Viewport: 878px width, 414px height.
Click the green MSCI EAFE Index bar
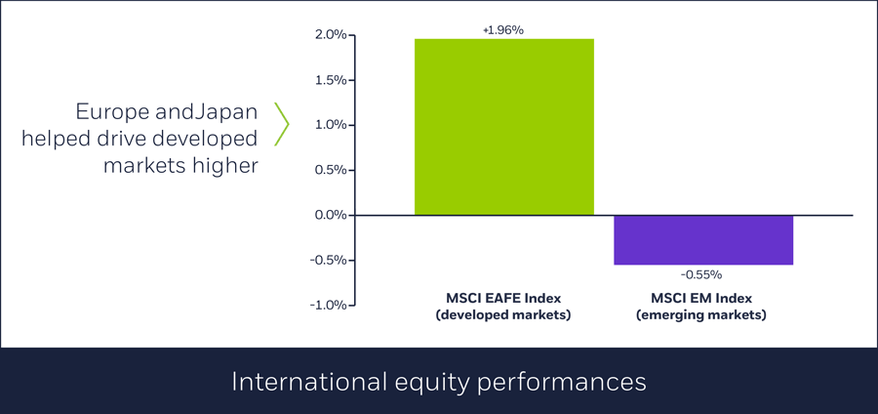click(504, 127)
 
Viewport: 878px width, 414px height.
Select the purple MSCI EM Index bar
click(703, 239)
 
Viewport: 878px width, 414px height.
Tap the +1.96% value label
click(503, 30)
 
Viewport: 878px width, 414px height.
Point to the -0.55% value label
click(702, 275)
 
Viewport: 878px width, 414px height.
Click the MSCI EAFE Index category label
click(504, 298)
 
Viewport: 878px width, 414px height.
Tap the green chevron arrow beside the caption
click(283, 124)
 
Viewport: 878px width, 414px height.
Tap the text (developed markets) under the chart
click(504, 315)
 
